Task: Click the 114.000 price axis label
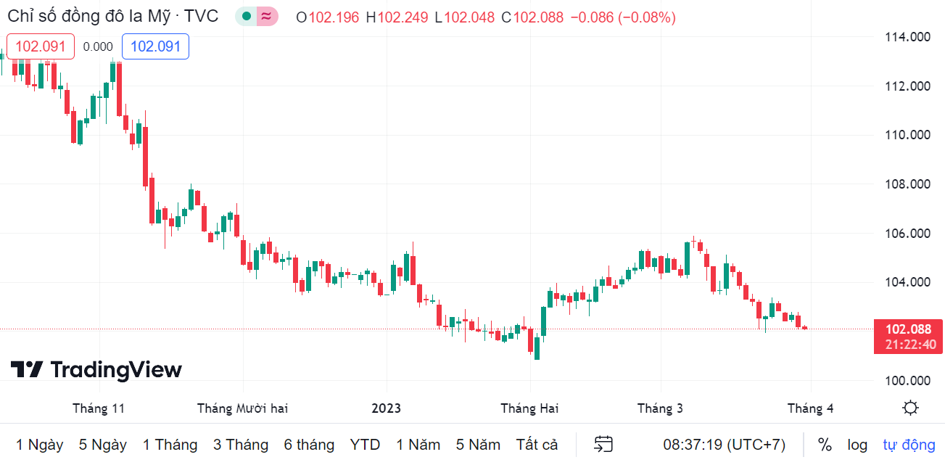tap(908, 37)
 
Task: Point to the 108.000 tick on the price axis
tap(908, 184)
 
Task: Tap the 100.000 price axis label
tap(908, 381)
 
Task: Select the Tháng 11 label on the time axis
tap(99, 408)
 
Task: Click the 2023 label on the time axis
tap(386, 408)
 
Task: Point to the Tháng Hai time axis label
tap(529, 408)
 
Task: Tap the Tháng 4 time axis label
tap(810, 408)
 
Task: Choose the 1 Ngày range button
tap(40, 445)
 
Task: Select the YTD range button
tap(365, 445)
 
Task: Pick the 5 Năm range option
tap(478, 445)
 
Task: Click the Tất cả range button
tap(537, 445)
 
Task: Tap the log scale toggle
tap(857, 445)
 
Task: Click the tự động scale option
tap(909, 445)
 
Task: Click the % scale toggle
tap(825, 445)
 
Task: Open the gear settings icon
tap(911, 408)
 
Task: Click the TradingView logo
tap(96, 370)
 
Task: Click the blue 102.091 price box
tap(155, 46)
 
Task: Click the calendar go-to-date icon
tap(603, 445)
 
